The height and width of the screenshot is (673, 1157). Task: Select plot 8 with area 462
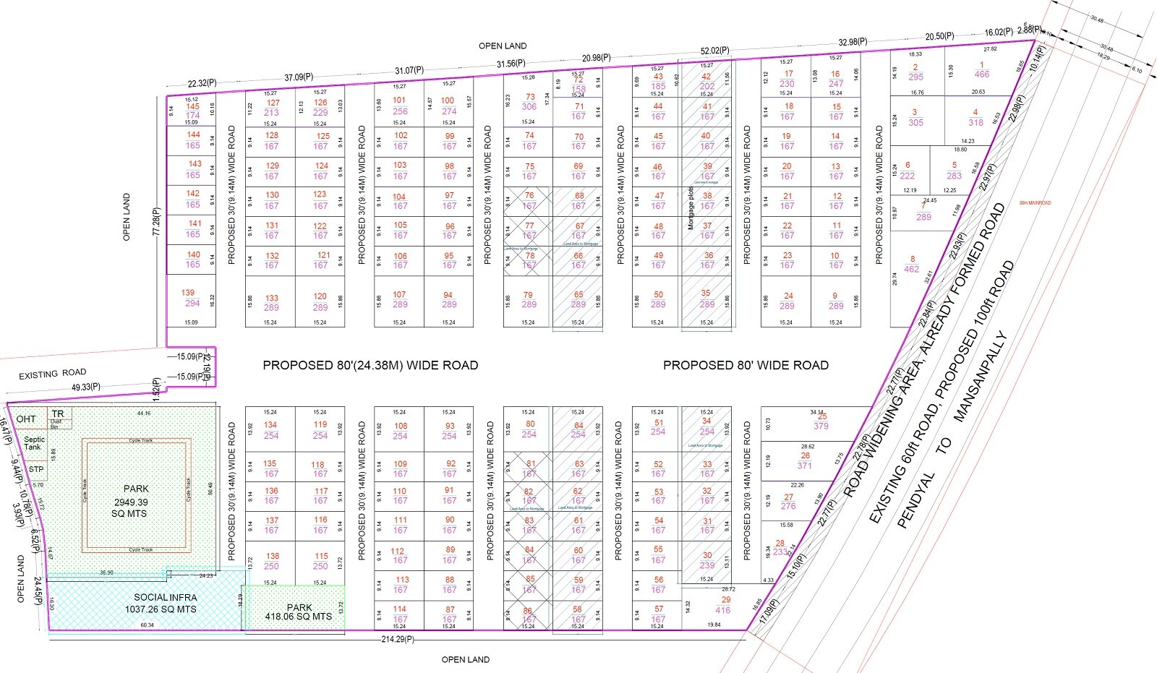(x=912, y=264)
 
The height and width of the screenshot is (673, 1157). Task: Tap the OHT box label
(x=26, y=419)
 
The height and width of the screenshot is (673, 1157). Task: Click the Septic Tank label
(x=33, y=443)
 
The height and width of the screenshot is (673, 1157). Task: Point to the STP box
(x=36, y=469)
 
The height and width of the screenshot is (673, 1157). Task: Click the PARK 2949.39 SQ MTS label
(x=131, y=502)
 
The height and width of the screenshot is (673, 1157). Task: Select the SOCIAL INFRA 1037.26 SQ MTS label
(x=165, y=604)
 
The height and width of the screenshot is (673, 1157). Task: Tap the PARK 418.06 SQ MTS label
(x=299, y=612)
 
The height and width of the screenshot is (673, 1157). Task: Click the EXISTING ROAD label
(x=52, y=374)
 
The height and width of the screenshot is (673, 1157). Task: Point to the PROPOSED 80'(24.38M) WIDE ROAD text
(x=370, y=366)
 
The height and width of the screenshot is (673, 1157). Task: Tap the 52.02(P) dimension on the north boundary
(x=714, y=51)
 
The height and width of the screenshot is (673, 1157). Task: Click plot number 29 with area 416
(x=724, y=605)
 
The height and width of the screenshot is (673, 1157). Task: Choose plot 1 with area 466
(x=981, y=69)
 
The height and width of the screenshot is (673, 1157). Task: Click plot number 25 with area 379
(x=821, y=421)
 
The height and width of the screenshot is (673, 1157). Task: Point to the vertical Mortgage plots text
(x=691, y=207)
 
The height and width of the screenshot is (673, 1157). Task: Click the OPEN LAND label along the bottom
(x=466, y=660)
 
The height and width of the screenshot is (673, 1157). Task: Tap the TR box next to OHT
(x=58, y=414)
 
